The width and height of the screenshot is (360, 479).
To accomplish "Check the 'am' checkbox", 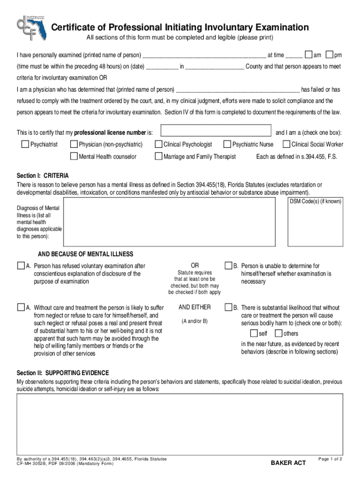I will tap(309, 55).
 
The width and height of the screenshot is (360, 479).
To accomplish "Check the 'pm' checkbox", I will tap(330, 55).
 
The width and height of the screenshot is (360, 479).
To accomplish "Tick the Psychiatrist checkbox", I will tap(25, 145).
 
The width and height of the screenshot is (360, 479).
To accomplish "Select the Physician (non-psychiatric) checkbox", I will tap(73, 145).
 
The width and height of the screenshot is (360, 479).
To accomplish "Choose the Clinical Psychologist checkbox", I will tap(158, 145).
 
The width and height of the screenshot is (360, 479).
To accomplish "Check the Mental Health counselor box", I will tap(73, 156).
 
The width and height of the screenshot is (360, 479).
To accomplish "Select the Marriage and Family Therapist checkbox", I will tap(158, 156).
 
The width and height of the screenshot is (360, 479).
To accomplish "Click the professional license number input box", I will tap(216, 131).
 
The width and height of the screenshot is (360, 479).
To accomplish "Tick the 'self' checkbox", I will tap(253, 334).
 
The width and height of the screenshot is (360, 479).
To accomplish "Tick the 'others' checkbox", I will tap(278, 334).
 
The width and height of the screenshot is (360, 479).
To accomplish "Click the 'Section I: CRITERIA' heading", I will tap(43, 176).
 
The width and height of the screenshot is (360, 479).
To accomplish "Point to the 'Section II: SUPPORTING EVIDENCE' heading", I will tap(63, 373).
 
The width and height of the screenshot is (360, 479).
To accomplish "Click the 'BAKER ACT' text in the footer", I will tap(288, 463).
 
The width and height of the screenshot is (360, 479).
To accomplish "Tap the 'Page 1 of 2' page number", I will tap(330, 459).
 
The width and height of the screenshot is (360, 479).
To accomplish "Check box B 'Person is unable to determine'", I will tap(229, 266).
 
